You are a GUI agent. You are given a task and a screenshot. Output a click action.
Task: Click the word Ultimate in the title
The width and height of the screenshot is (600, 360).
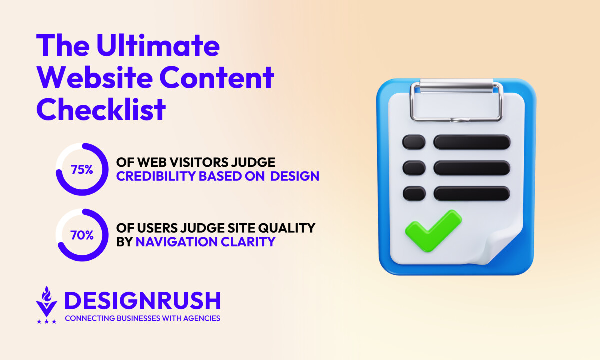[x=158, y=45]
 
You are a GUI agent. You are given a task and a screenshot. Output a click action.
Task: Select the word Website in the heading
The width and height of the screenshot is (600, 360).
[x=95, y=77]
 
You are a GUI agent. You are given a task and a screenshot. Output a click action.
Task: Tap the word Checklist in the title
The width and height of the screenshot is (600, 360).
[x=101, y=109]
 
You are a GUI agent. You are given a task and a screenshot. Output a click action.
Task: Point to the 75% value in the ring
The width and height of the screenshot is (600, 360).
[x=82, y=169]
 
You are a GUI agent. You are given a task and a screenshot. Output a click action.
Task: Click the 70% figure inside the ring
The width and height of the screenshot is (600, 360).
[x=82, y=235]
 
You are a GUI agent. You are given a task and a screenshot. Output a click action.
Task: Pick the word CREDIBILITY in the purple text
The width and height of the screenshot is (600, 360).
[x=156, y=176]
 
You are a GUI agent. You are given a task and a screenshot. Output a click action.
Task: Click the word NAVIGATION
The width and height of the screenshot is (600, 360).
[x=176, y=242]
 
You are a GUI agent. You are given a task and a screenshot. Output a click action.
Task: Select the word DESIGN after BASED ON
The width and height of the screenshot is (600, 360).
[x=295, y=176]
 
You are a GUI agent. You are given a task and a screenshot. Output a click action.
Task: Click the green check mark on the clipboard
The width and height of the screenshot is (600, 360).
[x=433, y=231]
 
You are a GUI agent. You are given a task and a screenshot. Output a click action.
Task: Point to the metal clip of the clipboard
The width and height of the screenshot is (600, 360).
[x=456, y=100]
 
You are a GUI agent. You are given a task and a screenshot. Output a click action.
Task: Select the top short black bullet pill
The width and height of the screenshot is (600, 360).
[x=414, y=142]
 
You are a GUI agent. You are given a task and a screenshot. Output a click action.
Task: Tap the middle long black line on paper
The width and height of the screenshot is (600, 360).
[x=472, y=168]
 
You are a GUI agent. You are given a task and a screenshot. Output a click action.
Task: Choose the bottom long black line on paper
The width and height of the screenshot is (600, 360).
[x=472, y=193]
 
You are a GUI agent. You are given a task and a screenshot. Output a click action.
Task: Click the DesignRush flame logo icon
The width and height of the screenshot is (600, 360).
[x=47, y=302]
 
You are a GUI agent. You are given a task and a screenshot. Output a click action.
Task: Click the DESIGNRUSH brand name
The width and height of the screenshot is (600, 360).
[x=143, y=300]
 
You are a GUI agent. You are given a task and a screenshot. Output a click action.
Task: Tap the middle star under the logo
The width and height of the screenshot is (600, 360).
[x=47, y=321]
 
